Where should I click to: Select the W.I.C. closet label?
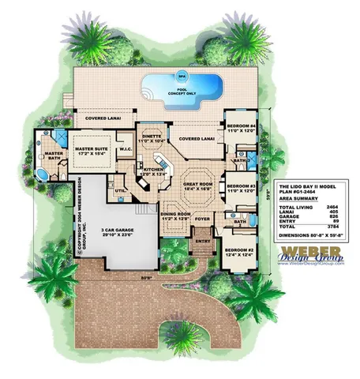coord(126,148)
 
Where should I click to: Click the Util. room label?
coord(120,190)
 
